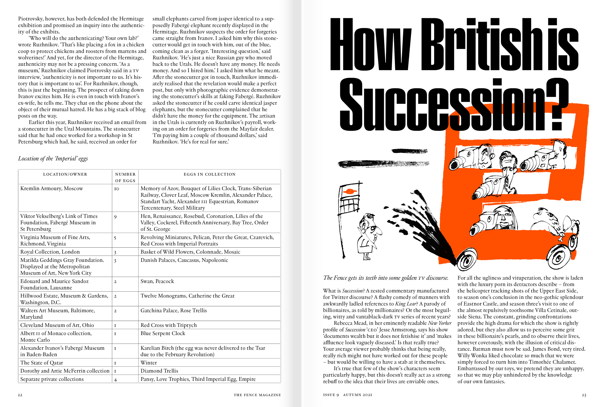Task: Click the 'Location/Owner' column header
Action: click(65, 174)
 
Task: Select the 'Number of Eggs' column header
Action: click(125, 177)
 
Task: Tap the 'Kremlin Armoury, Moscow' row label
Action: click(51, 189)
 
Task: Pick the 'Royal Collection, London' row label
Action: click(50, 252)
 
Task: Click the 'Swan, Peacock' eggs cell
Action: click(157, 281)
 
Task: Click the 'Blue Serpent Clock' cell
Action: click(163, 333)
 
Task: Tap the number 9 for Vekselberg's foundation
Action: click(115, 217)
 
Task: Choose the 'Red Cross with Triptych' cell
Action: click(169, 325)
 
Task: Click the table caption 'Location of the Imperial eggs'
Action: click(53, 159)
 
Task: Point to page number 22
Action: click(20, 395)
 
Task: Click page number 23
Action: click(584, 395)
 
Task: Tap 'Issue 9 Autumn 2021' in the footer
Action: click(348, 395)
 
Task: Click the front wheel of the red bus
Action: click(467, 259)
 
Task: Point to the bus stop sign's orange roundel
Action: click(349, 191)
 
